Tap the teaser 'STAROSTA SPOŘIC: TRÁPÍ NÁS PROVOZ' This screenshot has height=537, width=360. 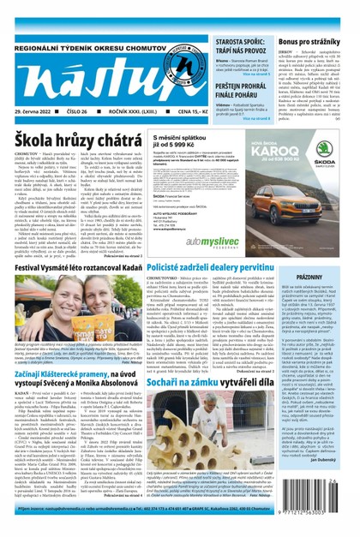coord(245,47)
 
